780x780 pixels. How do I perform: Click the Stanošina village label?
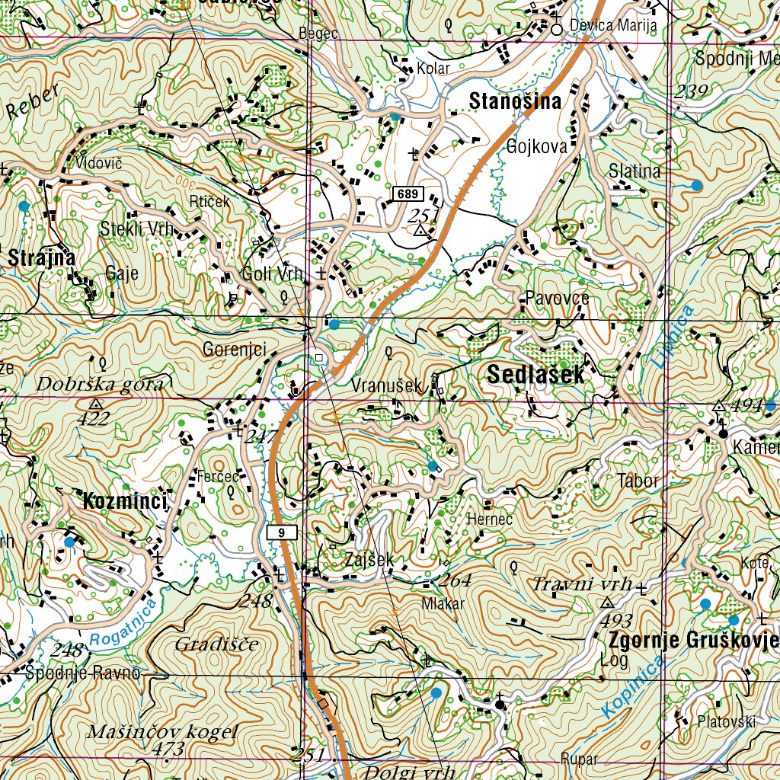[515, 101]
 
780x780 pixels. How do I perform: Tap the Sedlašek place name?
[535, 374]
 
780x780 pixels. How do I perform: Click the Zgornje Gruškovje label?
[691, 640]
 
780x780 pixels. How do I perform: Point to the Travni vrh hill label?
[583, 584]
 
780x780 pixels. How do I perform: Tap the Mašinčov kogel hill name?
[163, 732]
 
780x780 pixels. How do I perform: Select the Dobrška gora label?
[100, 385]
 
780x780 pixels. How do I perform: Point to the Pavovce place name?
[557, 298]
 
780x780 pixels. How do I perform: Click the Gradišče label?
[216, 644]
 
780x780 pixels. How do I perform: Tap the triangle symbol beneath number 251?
[420, 230]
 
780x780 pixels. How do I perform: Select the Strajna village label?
[42, 258]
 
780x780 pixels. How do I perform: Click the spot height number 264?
[456, 580]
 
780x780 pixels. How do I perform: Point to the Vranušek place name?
[386, 386]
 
